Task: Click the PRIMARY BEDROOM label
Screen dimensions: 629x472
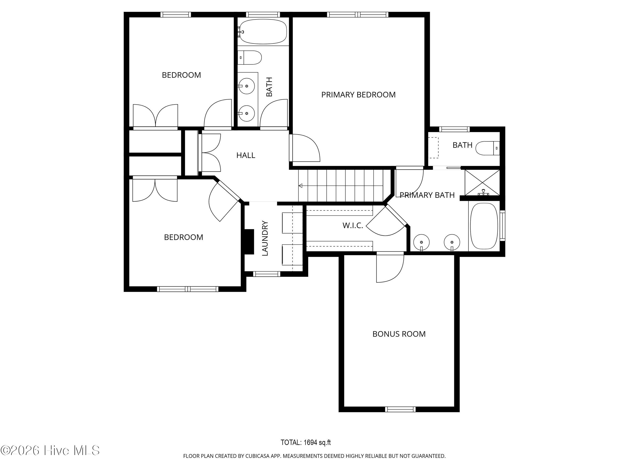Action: pos(358,95)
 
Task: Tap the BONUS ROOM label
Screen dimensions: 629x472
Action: pos(399,334)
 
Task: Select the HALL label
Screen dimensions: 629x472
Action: pos(246,155)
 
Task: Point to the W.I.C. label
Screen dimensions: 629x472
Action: pos(353,226)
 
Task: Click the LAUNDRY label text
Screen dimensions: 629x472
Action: pos(265,238)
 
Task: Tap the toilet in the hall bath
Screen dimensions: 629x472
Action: pos(249,58)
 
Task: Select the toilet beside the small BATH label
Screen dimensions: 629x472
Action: pos(487,148)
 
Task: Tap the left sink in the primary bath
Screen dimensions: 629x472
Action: pos(421,242)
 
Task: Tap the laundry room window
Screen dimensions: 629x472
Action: pos(267,274)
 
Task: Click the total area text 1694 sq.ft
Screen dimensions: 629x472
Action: pos(306,442)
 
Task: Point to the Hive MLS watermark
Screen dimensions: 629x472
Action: pos(50,450)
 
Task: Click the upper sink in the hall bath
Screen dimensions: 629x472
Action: pos(246,86)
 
